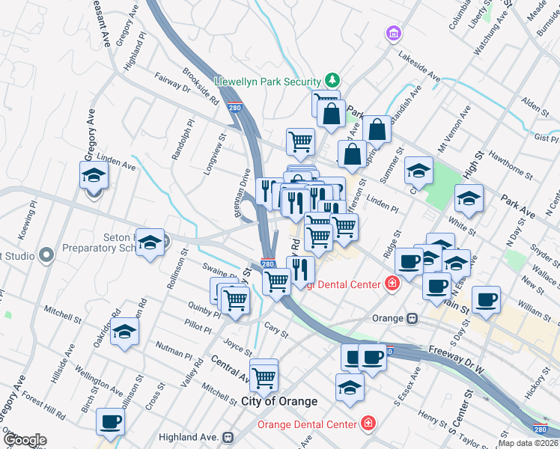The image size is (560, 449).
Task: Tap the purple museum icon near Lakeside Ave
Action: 392,34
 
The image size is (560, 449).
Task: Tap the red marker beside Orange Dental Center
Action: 368,424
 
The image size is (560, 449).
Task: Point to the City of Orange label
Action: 279,402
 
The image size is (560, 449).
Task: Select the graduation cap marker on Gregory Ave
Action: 94,175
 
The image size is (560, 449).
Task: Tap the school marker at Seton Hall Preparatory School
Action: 150,242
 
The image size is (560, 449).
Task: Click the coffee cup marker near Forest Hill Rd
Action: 111,422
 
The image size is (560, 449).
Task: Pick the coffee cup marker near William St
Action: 486,299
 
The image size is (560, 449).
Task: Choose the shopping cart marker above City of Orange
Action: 264,378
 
